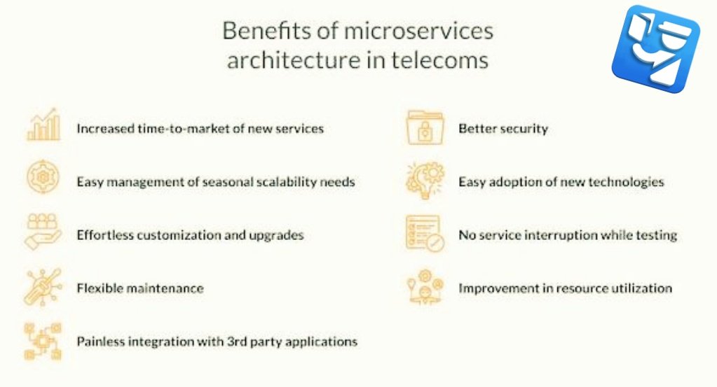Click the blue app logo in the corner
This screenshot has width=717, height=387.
click(x=656, y=49)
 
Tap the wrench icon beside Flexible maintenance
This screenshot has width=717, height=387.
click(x=43, y=286)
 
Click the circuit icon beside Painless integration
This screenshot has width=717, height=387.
click(x=43, y=341)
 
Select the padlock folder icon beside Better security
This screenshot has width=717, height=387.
click(x=425, y=127)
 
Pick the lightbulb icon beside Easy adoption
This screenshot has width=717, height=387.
click(x=425, y=180)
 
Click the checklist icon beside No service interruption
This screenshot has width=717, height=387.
click(x=425, y=233)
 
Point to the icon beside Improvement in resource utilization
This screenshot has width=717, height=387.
click(x=425, y=286)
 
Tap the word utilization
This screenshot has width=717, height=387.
click(x=641, y=288)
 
